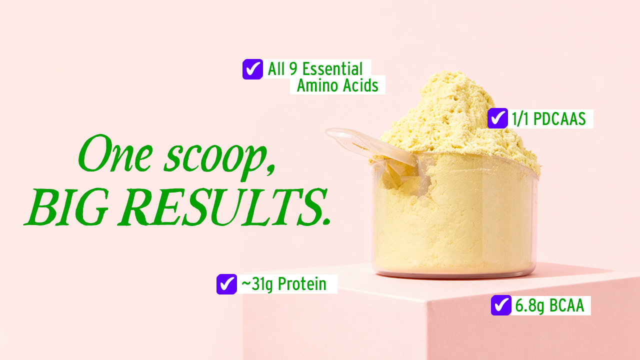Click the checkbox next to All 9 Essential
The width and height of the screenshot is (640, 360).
pyautogui.click(x=252, y=69)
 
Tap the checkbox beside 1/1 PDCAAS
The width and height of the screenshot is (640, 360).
pyautogui.click(x=497, y=118)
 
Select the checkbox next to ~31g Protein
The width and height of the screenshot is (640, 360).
pyautogui.click(x=226, y=284)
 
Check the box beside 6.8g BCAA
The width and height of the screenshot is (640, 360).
pyautogui.click(x=501, y=305)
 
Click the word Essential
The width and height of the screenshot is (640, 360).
pyautogui.click(x=332, y=69)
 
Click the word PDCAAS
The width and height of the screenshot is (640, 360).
pyautogui.click(x=559, y=118)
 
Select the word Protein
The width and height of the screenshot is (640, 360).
pyautogui.click(x=302, y=284)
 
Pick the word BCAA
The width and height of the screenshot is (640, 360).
pyautogui.click(x=567, y=305)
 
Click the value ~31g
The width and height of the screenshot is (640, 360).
pyautogui.click(x=257, y=285)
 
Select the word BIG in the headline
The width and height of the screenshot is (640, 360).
pyautogui.click(x=66, y=207)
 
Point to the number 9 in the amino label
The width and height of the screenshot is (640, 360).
pyautogui.click(x=293, y=69)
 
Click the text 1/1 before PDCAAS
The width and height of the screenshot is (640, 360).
pyautogui.click(x=520, y=118)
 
